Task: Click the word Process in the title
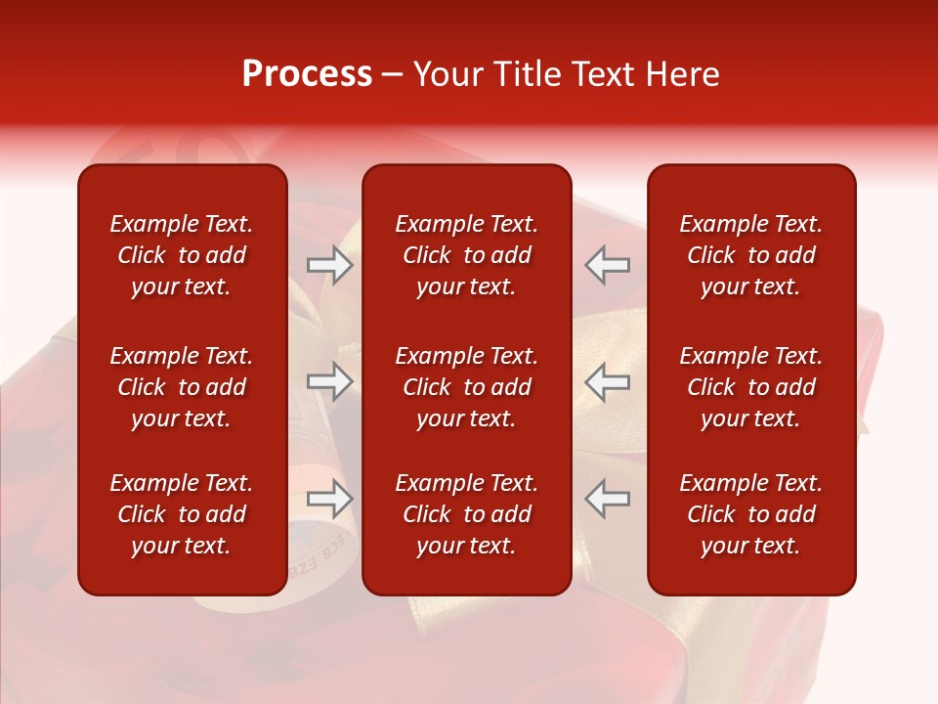click(x=307, y=74)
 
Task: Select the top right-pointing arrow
click(x=330, y=265)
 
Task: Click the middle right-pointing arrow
click(x=330, y=381)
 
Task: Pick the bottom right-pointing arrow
click(x=330, y=498)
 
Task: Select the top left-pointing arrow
click(x=608, y=265)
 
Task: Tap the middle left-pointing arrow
click(x=608, y=381)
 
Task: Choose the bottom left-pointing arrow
click(x=608, y=498)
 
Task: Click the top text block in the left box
click(x=182, y=255)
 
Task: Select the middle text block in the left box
click(x=182, y=387)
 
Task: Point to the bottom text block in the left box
click(x=182, y=514)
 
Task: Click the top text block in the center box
click(x=466, y=255)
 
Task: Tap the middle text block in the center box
click(x=466, y=387)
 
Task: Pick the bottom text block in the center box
click(x=466, y=514)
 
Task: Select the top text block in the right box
click(x=750, y=255)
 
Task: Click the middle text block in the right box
click(x=750, y=387)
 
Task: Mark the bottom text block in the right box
click(x=750, y=514)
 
